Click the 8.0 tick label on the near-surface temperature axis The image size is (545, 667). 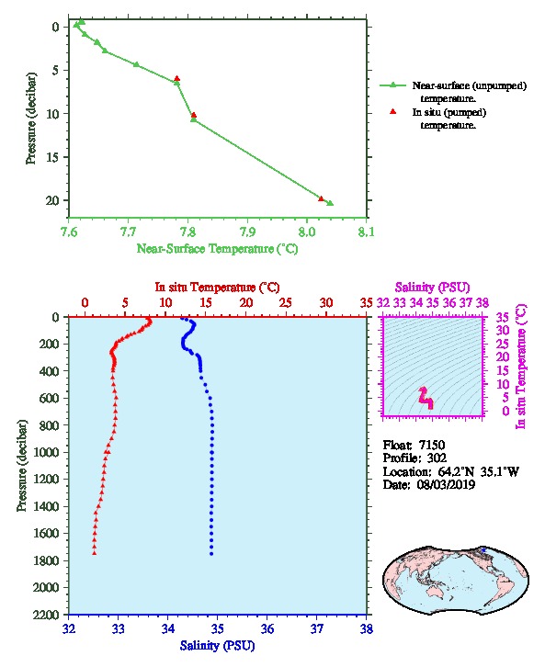point(306,232)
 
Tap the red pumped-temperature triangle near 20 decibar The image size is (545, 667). point(322,198)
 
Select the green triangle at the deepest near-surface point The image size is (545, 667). point(330,203)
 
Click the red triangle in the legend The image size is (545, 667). point(393,111)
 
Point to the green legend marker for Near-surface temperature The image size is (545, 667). point(393,85)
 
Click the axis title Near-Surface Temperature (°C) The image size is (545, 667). point(217,249)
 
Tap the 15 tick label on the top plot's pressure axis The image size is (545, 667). point(52,157)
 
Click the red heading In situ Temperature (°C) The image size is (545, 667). point(217,288)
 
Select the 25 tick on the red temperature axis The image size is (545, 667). point(286,303)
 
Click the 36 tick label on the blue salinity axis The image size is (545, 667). point(267,628)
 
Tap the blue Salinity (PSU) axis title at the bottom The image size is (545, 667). point(218,646)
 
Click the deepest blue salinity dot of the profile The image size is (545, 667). point(211,553)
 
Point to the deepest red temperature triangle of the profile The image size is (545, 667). point(95,552)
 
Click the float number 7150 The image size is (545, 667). point(432,445)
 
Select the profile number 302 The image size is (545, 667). point(437,458)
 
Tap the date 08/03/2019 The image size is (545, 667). point(446,484)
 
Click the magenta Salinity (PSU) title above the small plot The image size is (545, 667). point(433,288)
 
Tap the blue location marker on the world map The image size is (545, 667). point(483,550)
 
